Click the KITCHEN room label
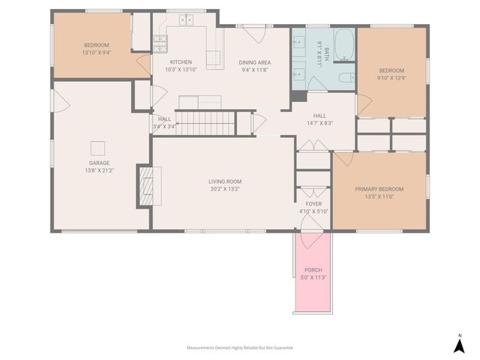181,62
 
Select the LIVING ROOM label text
225,181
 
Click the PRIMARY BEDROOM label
379,189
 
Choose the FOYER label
313,204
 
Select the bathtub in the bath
345,45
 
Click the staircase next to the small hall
206,121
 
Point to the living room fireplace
148,185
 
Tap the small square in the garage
97,146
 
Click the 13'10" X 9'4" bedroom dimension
96,53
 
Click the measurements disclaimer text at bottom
240,348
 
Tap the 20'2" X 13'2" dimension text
225,189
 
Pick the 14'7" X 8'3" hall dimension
320,123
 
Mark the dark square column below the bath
298,95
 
